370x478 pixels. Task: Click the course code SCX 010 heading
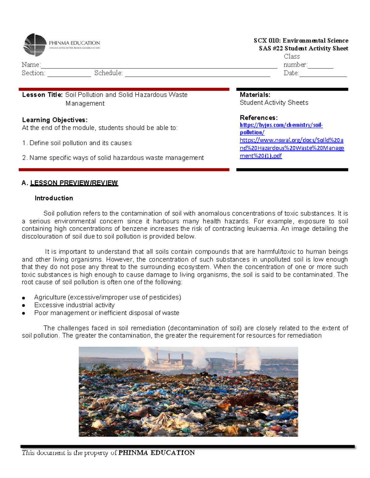pyautogui.click(x=301, y=41)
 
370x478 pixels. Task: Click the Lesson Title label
pyautogui.click(x=42, y=95)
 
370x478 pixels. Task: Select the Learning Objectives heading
pyautogui.click(x=55, y=120)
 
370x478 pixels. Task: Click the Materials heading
pyautogui.click(x=255, y=95)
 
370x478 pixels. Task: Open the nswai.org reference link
pyautogui.click(x=291, y=148)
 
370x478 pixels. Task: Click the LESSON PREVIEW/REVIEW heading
pyautogui.click(x=74, y=183)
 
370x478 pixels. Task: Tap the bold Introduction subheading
pyautogui.click(x=54, y=198)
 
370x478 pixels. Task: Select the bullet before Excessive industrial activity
pyautogui.click(x=23, y=306)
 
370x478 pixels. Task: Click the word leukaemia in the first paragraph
pyautogui.click(x=263, y=229)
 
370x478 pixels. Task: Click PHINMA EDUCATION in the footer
pyautogui.click(x=156, y=453)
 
